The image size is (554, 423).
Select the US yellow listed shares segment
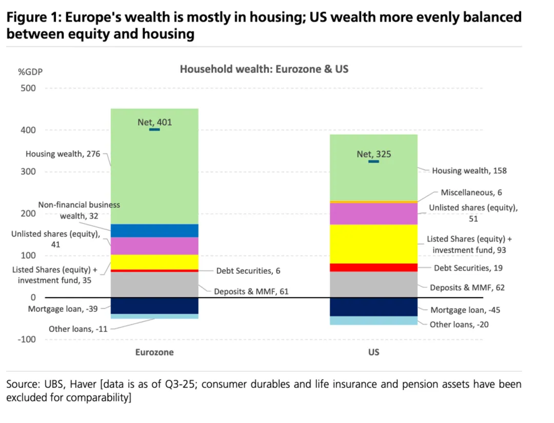coord(373,244)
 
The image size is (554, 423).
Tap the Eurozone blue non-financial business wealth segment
coord(154,230)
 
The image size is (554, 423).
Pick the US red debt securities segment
coord(373,267)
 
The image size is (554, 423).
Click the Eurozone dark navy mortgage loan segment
coord(154,305)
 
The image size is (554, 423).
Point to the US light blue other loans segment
coord(373,320)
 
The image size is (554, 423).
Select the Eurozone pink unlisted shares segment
coord(154,246)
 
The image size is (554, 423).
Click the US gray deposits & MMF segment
coord(373,284)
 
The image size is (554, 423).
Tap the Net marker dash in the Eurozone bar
coord(154,130)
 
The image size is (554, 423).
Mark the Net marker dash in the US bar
coord(373,162)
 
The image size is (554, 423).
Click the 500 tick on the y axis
coord(29,88)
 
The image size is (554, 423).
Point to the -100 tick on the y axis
coord(27,339)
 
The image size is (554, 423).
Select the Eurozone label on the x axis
coord(154,352)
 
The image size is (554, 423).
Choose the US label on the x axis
coord(373,352)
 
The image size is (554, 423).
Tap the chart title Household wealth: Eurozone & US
coord(264,69)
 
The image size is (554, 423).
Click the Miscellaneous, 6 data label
coord(471,193)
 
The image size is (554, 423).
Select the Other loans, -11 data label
coord(78,329)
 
